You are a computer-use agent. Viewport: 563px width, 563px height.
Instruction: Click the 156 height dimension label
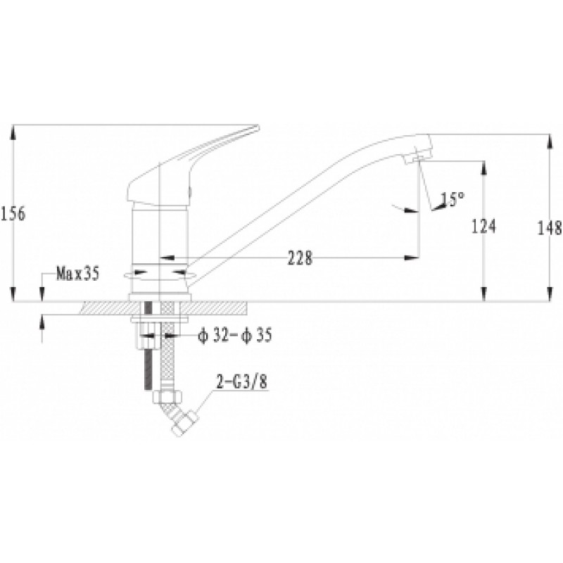pos(13,215)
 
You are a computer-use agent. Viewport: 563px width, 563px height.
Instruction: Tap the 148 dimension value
pos(550,227)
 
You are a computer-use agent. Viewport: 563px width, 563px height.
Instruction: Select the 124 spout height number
pos(483,227)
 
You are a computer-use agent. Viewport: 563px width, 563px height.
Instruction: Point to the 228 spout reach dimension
pos(301,257)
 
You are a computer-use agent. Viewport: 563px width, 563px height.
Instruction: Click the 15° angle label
pos(453,199)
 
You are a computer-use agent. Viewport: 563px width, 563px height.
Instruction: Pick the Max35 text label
pos(77,274)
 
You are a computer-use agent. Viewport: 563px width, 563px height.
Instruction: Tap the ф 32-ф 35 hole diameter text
pos(235,336)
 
